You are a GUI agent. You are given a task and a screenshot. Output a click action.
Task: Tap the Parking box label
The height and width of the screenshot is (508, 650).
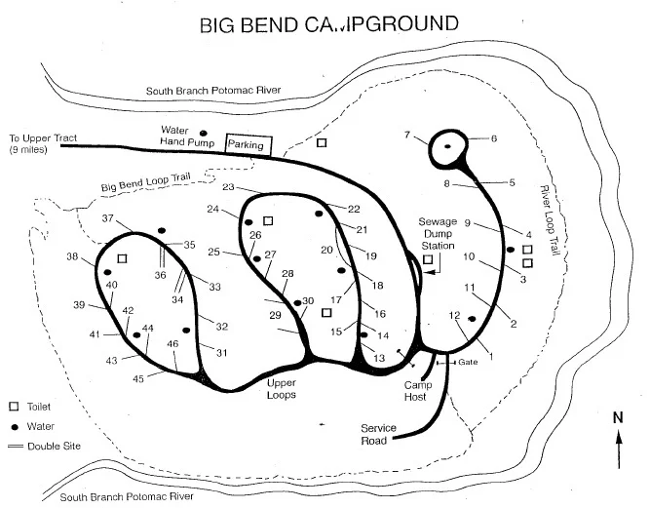tap(246, 144)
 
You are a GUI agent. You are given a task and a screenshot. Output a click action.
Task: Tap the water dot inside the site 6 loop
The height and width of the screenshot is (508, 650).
tap(448, 146)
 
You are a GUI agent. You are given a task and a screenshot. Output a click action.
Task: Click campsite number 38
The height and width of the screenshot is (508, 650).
tap(73, 257)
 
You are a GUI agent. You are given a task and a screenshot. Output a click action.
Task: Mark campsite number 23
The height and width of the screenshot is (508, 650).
tap(230, 187)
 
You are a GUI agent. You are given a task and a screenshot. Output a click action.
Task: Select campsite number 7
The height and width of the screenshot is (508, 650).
tap(408, 135)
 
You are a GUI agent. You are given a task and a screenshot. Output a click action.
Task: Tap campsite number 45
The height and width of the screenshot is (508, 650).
tap(138, 378)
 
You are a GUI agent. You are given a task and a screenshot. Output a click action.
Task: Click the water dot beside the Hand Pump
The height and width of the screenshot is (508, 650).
tap(204, 133)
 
